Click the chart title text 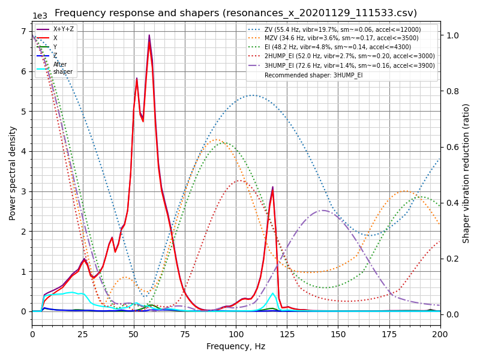point(236,13)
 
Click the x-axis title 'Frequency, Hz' point(236,346)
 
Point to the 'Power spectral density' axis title point(13,173)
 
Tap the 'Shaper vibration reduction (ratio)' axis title point(466,173)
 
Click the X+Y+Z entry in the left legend point(64,29)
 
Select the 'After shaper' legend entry point(63,68)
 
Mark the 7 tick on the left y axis point(24,31)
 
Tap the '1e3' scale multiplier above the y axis point(40,16)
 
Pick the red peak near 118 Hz point(272,187)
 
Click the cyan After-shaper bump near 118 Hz point(272,293)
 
